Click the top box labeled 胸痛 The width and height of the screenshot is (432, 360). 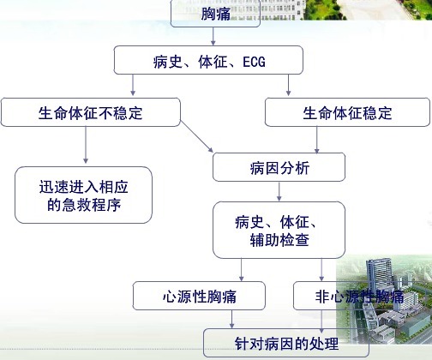[x=215, y=14]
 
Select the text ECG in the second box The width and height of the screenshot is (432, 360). [x=254, y=62]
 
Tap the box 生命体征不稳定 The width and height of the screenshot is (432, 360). [x=91, y=112]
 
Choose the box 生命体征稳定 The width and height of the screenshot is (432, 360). [x=347, y=112]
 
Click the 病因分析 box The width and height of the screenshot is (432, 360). [x=279, y=167]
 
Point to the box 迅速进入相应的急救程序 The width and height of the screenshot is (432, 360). [x=83, y=195]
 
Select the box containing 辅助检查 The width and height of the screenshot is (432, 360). [x=279, y=230]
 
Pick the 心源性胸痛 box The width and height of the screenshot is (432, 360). [x=199, y=296]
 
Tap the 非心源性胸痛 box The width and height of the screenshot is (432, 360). [x=359, y=296]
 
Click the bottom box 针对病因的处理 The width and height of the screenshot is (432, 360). [x=286, y=343]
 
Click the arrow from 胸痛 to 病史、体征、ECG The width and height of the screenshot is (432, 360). [x=213, y=36]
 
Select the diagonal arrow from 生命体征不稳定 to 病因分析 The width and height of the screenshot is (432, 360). [x=197, y=136]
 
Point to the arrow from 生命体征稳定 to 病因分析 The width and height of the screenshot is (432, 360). [x=316, y=140]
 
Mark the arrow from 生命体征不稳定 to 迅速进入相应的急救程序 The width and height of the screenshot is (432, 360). [x=86, y=145]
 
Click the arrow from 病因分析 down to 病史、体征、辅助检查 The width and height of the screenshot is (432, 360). [x=279, y=191]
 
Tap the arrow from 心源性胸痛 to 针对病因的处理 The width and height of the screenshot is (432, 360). [x=231, y=319]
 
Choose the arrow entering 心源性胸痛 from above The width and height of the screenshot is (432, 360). [x=242, y=270]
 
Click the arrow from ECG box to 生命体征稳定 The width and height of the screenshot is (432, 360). [x=288, y=85]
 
